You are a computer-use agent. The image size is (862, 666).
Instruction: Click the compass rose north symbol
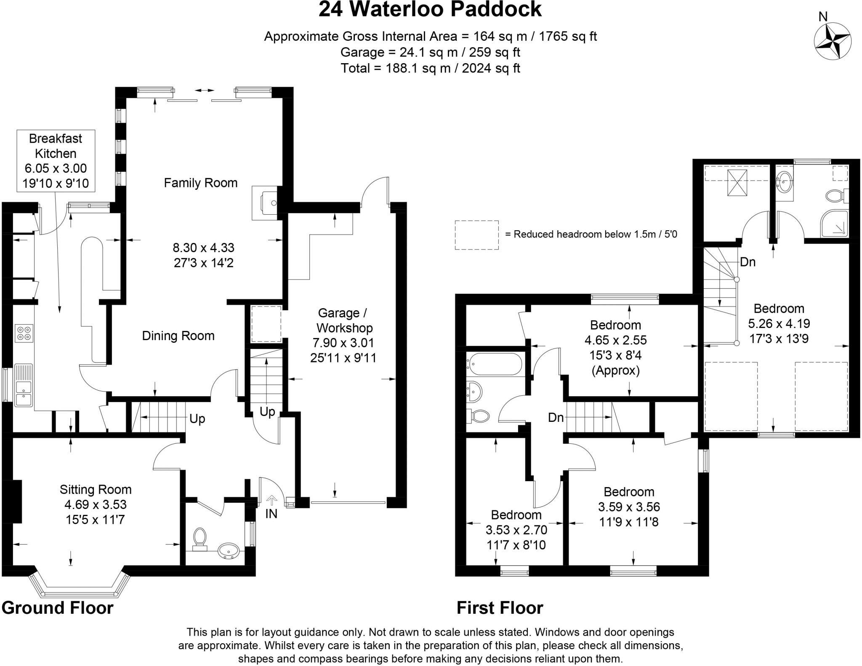833,41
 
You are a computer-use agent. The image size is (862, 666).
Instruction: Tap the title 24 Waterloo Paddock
430,9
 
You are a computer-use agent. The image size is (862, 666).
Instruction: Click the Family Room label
200,183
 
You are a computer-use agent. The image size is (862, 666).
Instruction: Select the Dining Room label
178,336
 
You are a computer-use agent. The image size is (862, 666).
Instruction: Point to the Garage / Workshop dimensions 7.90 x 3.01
343,343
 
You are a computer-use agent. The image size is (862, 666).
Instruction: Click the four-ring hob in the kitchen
24,333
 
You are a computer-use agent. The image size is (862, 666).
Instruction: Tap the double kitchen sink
24,385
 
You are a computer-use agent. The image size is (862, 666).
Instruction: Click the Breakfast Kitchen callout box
56,161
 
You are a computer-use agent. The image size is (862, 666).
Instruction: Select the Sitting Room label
96,489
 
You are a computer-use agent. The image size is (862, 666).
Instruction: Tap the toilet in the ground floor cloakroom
200,539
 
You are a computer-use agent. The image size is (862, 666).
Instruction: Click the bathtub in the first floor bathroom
495,364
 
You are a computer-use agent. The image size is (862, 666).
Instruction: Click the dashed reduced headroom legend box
476,235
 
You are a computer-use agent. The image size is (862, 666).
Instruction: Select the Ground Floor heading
58,608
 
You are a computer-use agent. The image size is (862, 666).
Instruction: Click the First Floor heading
500,608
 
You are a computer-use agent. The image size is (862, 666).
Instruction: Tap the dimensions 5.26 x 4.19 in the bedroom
779,324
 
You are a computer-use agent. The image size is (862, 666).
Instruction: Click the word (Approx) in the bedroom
615,370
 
